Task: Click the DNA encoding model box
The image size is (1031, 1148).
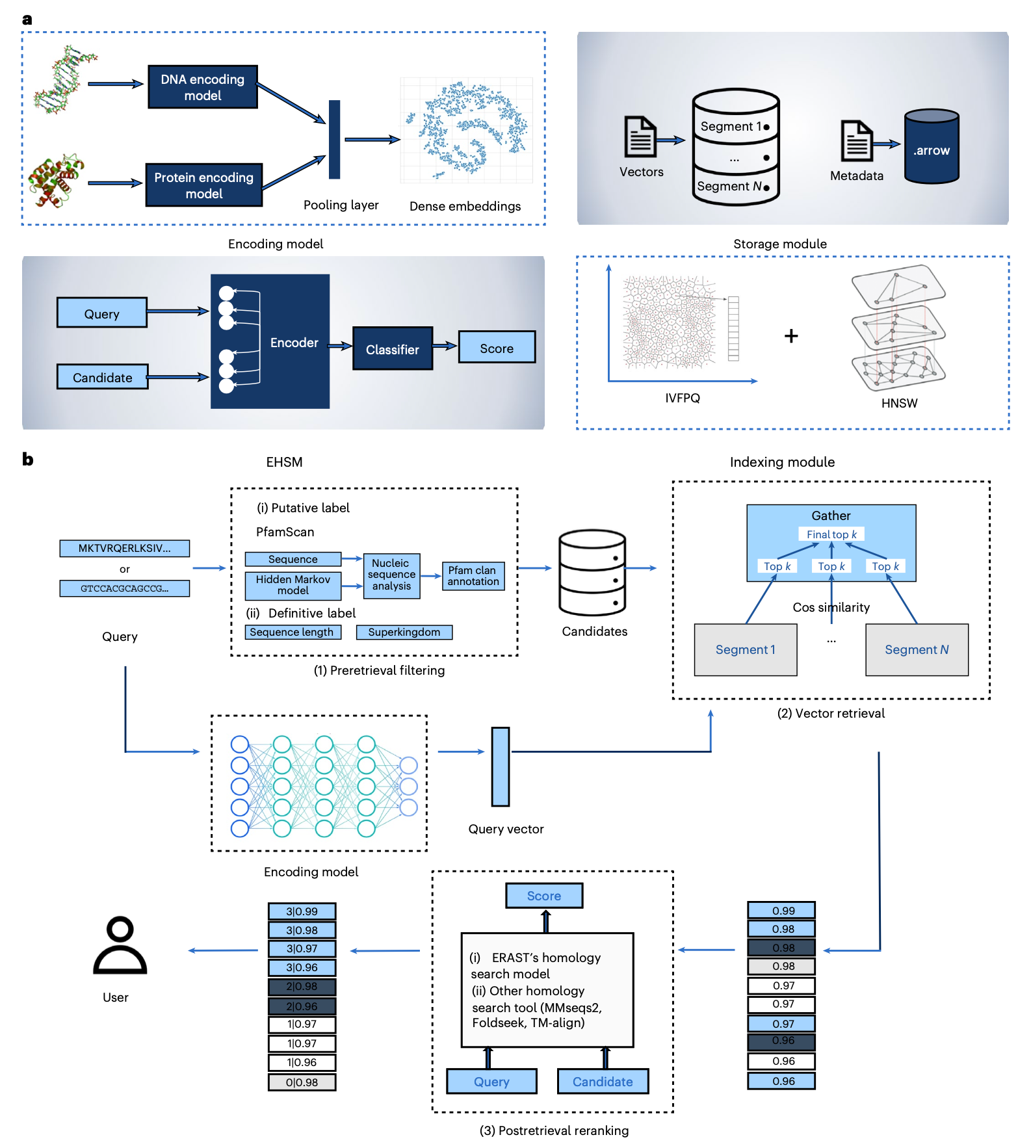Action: [203, 87]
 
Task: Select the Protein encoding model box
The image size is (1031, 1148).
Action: [204, 185]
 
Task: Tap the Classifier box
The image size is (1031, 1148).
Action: [393, 349]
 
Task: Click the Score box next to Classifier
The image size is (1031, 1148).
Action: [497, 348]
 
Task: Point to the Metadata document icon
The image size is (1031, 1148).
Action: [857, 140]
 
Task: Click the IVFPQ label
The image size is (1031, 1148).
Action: [683, 398]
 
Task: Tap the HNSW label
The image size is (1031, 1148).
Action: [899, 403]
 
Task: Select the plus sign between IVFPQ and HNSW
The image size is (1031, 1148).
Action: [791, 336]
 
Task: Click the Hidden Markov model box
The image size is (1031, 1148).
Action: [293, 585]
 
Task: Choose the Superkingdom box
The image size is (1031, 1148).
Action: [404, 632]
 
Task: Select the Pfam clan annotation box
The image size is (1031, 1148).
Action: [473, 576]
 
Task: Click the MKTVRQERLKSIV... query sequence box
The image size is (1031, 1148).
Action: [125, 548]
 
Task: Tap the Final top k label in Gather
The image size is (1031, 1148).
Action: [831, 534]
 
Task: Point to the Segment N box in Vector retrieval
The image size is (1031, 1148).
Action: [917, 649]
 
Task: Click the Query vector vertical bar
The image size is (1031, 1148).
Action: [501, 766]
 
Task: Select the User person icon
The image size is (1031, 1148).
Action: [120, 946]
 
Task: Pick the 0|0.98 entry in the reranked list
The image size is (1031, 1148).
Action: [302, 1082]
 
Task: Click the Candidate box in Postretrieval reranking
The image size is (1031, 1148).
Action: [603, 1082]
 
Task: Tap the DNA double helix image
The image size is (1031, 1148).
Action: [63, 81]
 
